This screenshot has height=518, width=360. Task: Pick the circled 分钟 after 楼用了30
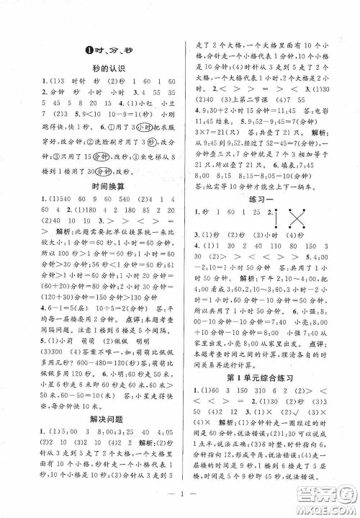pyautogui.click(x=107, y=169)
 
